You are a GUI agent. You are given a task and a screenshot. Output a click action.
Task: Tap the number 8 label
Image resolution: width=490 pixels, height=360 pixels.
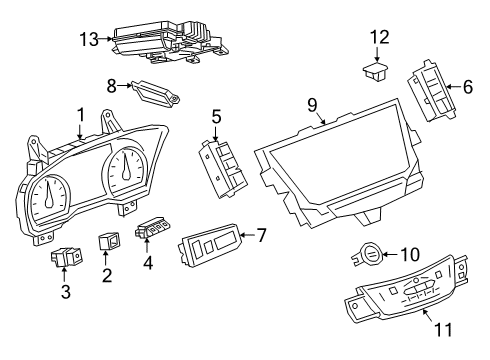113,86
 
